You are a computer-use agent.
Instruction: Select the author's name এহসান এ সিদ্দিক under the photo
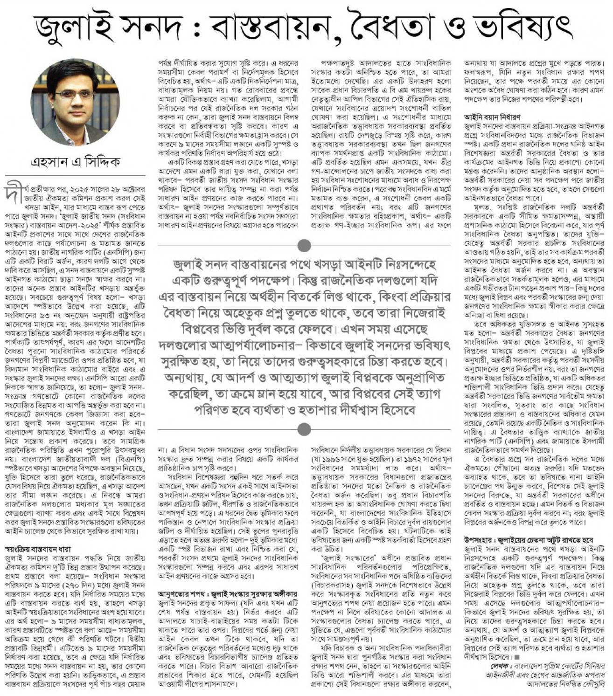(x=75, y=162)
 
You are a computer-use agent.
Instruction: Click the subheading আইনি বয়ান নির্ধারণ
(x=492, y=117)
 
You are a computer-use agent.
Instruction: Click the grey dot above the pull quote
(x=304, y=245)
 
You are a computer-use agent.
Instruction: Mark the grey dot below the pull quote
(x=304, y=429)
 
